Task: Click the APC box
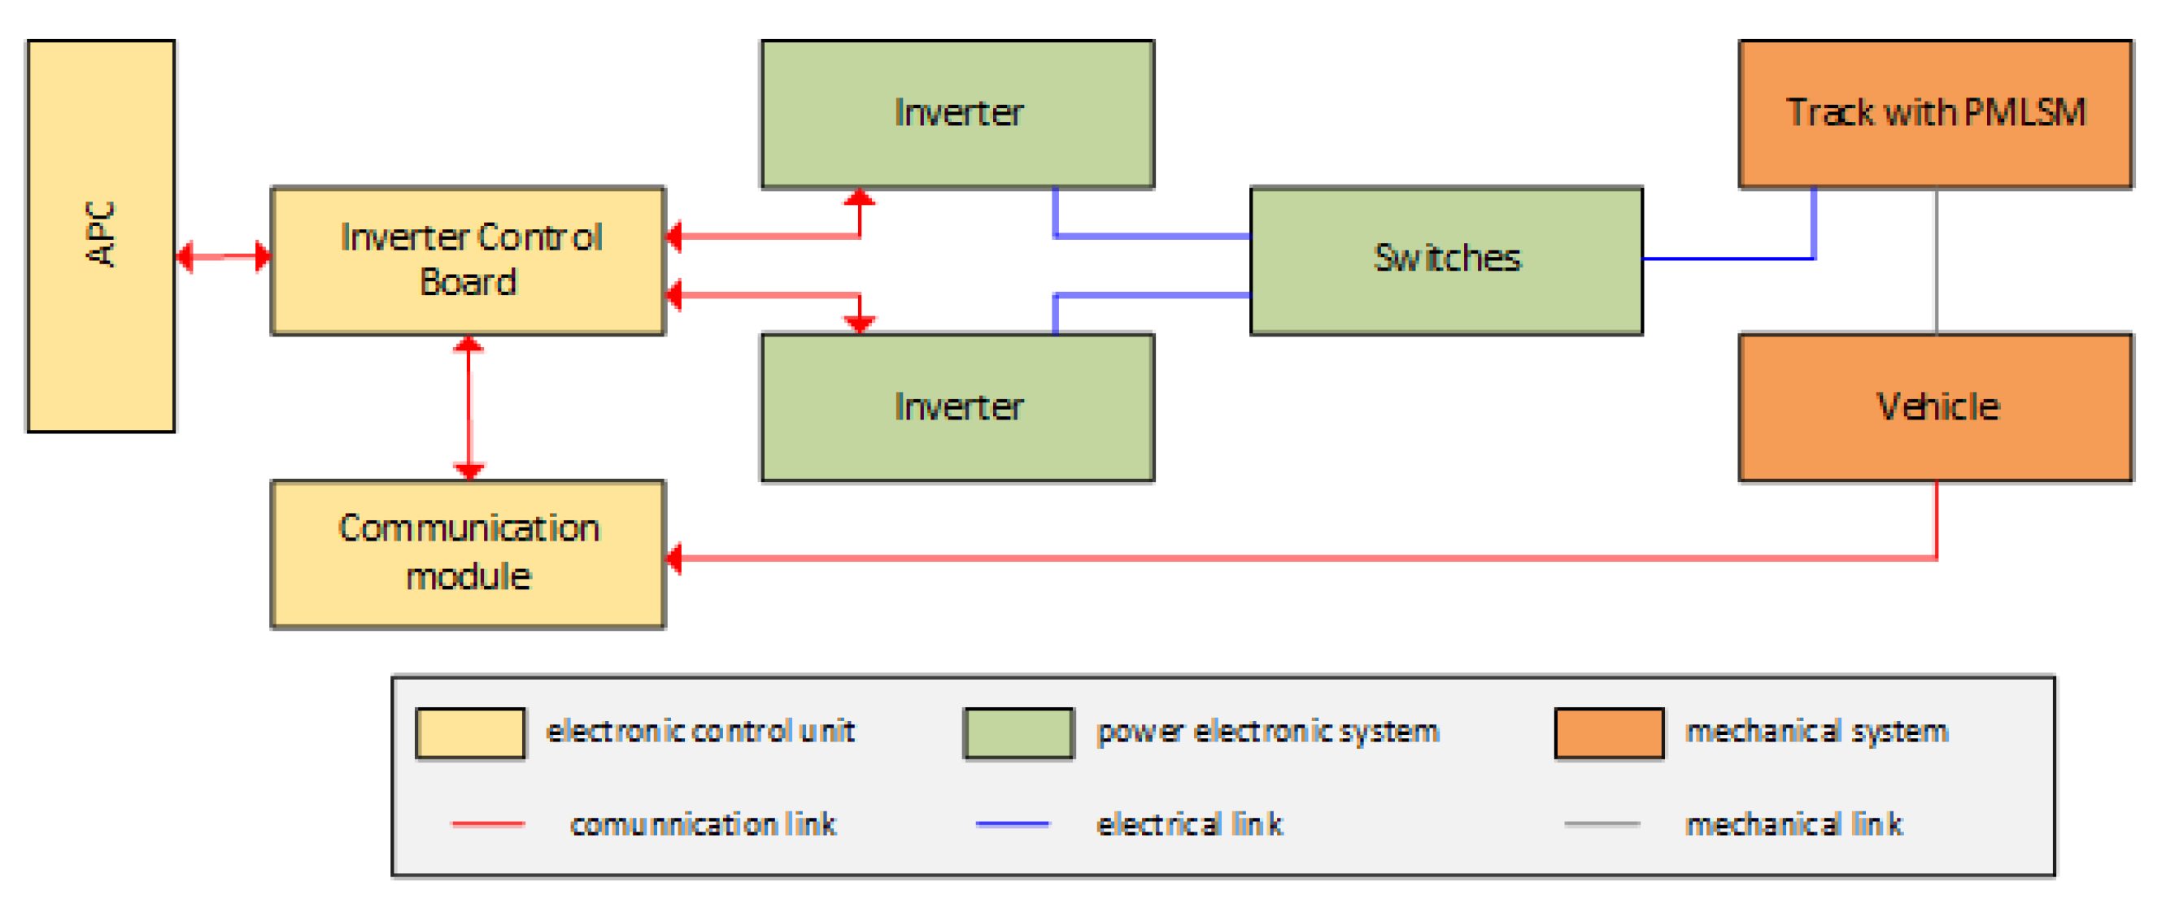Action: click(101, 235)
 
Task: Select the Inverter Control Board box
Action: click(468, 261)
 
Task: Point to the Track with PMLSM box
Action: click(1936, 114)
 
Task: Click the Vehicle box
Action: click(1936, 407)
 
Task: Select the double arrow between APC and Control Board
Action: click(223, 256)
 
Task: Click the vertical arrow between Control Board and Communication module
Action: click(469, 407)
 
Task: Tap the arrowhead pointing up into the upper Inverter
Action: click(860, 198)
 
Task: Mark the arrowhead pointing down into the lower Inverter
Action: click(860, 324)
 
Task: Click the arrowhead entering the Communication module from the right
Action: click(674, 558)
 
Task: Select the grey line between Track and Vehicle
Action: click(1937, 261)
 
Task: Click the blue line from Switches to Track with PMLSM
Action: click(1732, 258)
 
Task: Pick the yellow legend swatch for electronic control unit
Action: click(471, 734)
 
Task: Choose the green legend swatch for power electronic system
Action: click(1018, 734)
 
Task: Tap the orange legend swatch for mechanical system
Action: click(1609, 734)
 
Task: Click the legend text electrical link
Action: click(1189, 824)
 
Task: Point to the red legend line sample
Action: click(488, 824)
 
